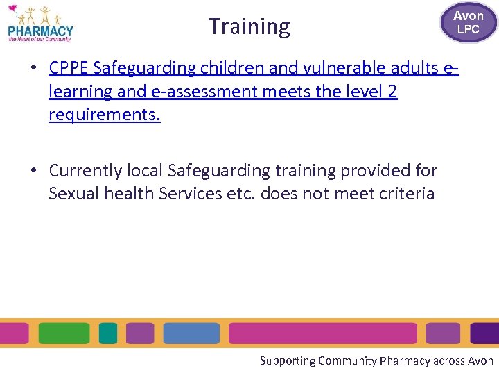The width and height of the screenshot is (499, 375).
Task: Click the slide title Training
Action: [249, 26]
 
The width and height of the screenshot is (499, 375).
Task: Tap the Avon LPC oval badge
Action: [468, 22]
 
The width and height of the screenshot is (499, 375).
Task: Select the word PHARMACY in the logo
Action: [40, 31]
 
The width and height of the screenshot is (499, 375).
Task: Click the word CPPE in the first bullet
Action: [69, 68]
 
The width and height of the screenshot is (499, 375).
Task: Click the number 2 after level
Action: [392, 91]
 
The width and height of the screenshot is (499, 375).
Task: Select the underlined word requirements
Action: [104, 115]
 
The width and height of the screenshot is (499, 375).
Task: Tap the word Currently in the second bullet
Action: [83, 170]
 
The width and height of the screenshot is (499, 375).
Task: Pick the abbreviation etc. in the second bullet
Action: [241, 193]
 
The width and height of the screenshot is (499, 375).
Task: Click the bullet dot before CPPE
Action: [33, 69]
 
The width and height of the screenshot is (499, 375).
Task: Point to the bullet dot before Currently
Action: [33, 171]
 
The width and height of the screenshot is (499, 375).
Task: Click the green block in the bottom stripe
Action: [64, 333]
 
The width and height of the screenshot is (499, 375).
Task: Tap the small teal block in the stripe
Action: [108, 333]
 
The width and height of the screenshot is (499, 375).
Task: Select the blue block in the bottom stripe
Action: [191, 333]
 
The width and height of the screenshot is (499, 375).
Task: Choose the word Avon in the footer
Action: [480, 360]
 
